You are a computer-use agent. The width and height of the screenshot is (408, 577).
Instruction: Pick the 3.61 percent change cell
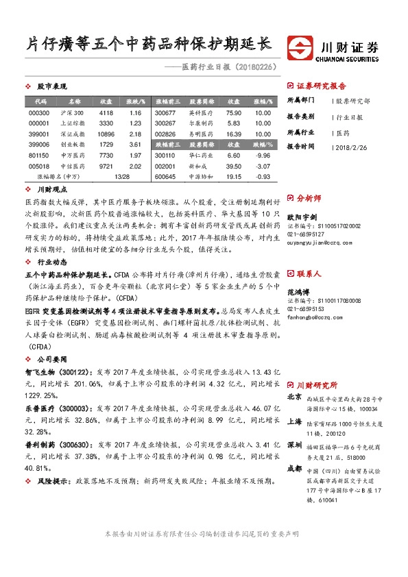134,145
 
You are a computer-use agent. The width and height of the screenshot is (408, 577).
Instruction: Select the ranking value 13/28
122,177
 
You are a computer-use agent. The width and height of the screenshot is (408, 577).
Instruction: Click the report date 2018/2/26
353,147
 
